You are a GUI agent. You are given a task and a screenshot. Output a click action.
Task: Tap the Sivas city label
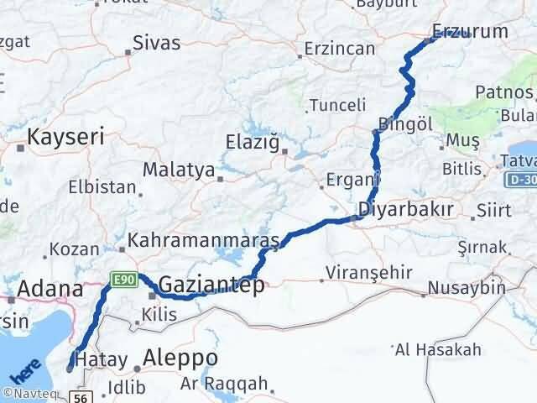(157, 42)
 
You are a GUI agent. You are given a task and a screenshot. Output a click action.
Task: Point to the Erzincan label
(340, 49)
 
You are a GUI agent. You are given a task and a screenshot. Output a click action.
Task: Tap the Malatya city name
(178, 170)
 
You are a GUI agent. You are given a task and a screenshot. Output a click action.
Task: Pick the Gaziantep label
(211, 285)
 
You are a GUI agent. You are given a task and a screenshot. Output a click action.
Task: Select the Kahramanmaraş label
(203, 241)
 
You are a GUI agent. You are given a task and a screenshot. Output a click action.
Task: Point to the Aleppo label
(180, 358)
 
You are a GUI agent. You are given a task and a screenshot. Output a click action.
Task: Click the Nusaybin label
(466, 288)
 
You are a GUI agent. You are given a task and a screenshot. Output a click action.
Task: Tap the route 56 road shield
(81, 396)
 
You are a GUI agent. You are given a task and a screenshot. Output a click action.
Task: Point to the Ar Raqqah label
(224, 385)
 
